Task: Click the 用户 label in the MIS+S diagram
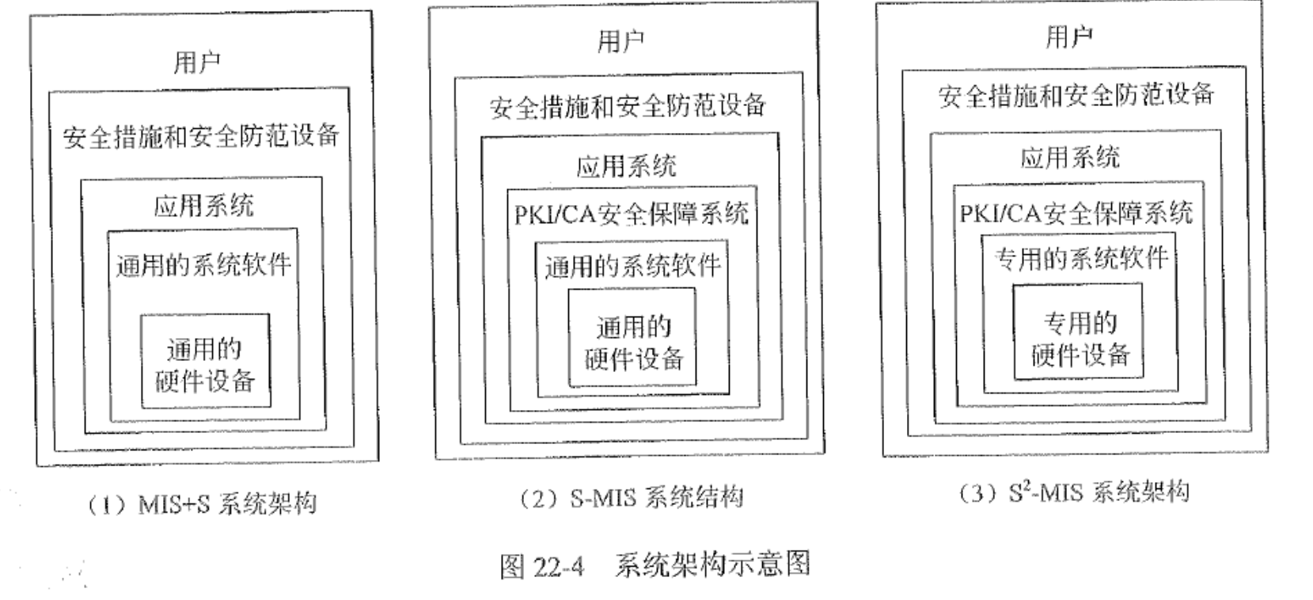point(197,63)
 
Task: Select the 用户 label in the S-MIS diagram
point(620,40)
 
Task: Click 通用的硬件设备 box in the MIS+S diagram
point(205,363)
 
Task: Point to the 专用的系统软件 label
point(1080,258)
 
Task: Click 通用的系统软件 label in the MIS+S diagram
point(203,264)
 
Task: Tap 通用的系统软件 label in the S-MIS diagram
point(632,266)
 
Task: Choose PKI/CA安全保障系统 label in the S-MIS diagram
point(631,214)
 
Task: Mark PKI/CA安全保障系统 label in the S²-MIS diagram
point(1076,212)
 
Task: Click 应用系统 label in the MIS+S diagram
point(203,207)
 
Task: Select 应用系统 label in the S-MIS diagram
point(626,166)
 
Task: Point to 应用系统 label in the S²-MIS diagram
point(1069,158)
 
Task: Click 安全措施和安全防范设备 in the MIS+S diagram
point(201,136)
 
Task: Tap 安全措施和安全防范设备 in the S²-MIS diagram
point(1076,95)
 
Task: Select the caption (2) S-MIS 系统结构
point(631,498)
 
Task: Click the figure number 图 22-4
point(542,566)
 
